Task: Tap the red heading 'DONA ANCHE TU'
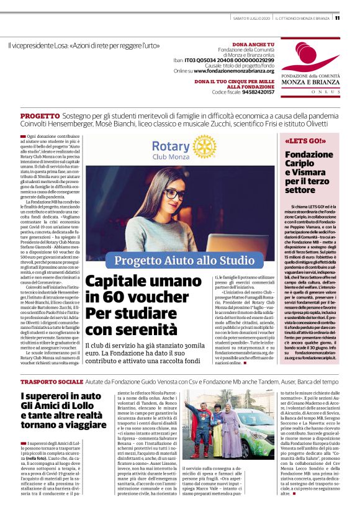click(253, 45)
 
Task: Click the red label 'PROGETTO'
click(40, 117)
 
